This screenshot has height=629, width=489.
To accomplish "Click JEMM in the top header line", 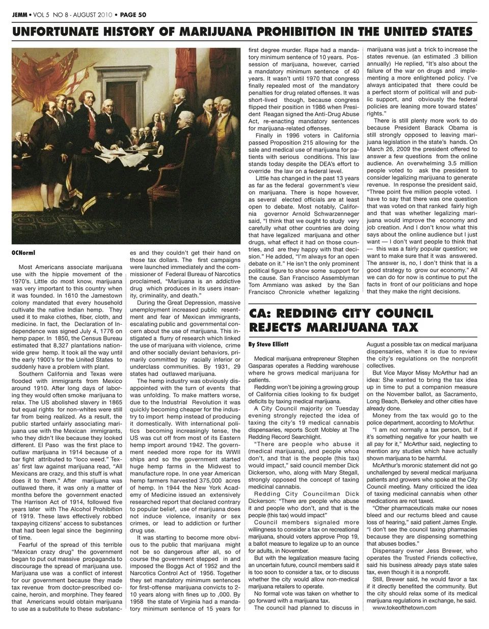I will (20, 15).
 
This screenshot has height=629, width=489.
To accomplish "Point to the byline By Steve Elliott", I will (268, 345).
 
